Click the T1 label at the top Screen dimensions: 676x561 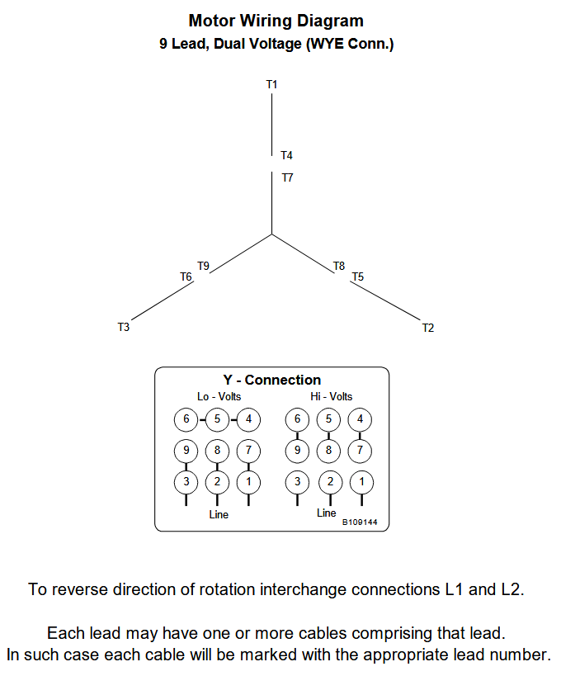click(271, 84)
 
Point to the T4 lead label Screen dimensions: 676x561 click(286, 155)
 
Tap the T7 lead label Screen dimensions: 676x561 click(286, 177)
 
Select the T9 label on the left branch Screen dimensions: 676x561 click(203, 266)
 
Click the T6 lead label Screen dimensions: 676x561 click(186, 277)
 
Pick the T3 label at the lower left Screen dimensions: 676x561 click(124, 328)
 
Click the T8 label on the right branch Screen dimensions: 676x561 click(339, 266)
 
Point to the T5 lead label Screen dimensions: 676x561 click(357, 277)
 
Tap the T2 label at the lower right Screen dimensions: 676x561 click(427, 328)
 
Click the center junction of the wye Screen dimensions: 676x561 click(271, 234)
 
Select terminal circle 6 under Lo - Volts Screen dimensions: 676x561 click(186, 419)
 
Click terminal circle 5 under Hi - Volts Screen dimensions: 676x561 click(329, 419)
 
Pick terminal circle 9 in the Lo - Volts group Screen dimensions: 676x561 click(186, 451)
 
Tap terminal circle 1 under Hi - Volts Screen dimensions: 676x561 click(361, 481)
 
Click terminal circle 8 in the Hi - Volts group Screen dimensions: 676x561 click(329, 451)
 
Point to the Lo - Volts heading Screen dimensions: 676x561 click(219, 397)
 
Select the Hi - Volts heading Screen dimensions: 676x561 click(331, 397)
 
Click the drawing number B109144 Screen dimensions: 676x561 click(360, 522)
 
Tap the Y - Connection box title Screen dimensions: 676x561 click(271, 380)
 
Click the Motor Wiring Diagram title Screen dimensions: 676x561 click(276, 21)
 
